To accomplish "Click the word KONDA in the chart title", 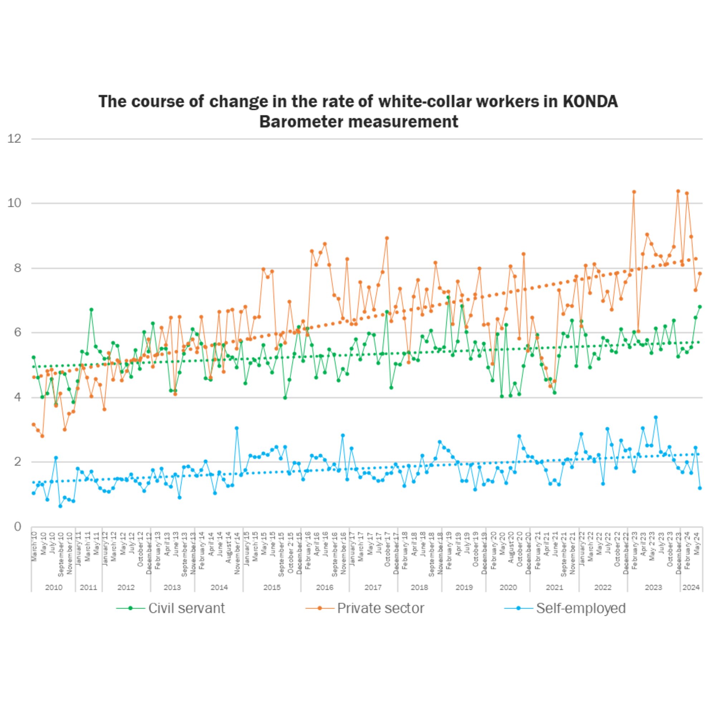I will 590,101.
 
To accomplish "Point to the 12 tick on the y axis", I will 14,139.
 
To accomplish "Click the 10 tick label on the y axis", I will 14,203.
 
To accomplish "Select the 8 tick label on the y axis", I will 18,268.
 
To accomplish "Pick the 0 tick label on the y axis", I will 18,527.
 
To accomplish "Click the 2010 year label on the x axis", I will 54,587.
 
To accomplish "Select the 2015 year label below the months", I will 272,587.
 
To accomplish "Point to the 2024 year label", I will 691,587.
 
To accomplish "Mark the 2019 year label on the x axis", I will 464,587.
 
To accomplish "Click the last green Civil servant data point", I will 700,307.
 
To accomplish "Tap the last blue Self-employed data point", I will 700,488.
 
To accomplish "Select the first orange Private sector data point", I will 34,424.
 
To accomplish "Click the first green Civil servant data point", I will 34,357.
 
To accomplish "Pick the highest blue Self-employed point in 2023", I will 655,417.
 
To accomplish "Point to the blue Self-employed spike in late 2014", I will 236,428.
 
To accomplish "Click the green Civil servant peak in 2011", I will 91,309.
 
